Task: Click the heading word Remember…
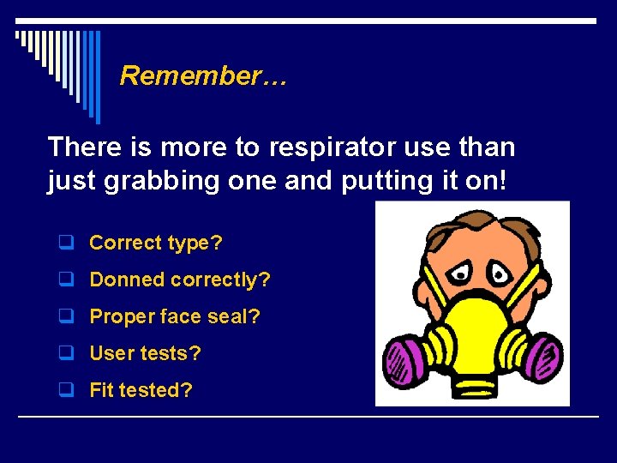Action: [204, 75]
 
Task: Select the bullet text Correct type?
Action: [156, 243]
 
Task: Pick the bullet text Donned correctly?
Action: [180, 280]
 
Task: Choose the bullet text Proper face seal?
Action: [175, 316]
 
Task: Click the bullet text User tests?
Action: [145, 353]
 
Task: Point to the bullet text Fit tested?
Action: [141, 390]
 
